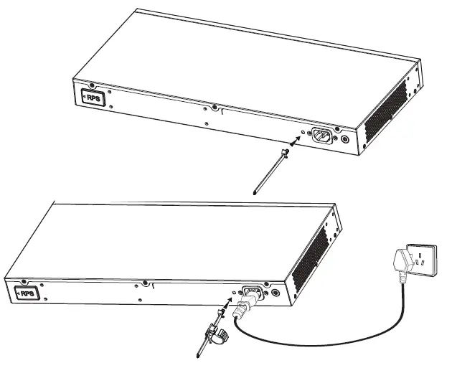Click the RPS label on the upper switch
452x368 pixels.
click(93, 97)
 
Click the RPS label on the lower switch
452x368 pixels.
click(27, 293)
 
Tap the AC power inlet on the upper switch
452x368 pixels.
click(321, 136)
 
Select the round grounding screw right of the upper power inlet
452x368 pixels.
click(346, 140)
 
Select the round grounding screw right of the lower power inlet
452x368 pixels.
click(276, 293)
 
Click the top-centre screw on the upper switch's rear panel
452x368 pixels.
click(215, 109)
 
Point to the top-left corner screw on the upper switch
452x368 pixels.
click(85, 83)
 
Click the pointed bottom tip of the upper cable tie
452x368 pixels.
click(255, 192)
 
